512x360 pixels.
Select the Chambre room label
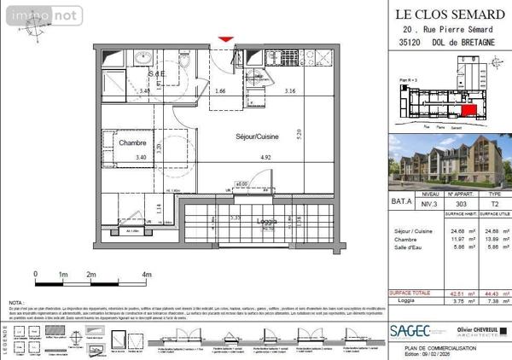(134, 143)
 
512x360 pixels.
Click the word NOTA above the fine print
(16, 303)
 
